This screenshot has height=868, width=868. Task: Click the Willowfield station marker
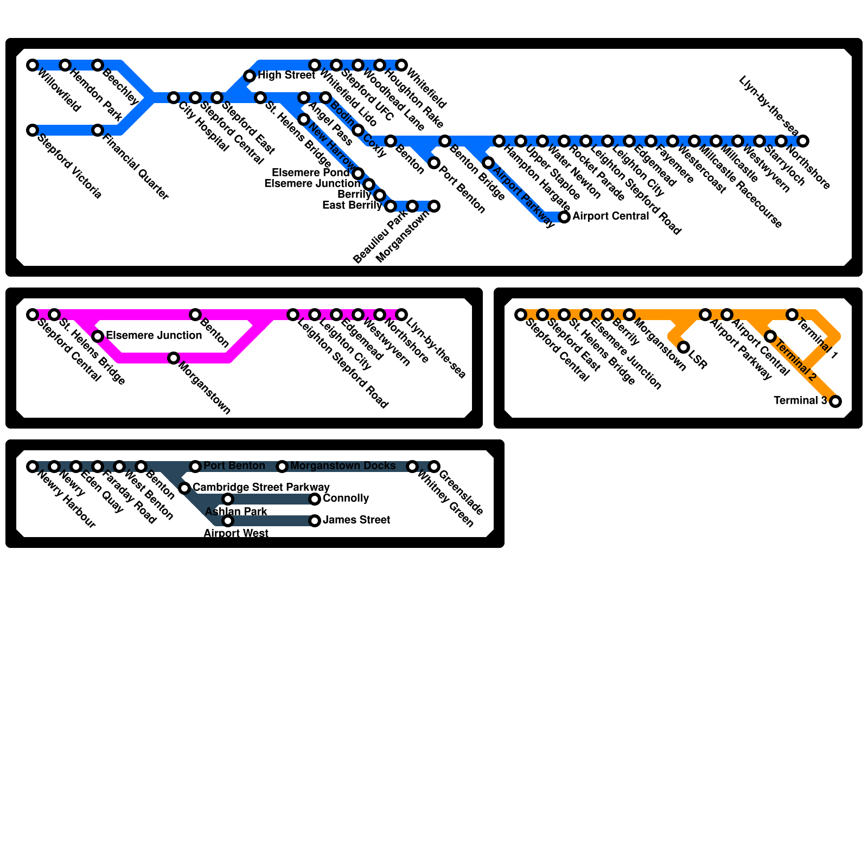point(33,65)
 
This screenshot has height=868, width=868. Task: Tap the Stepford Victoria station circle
point(33,130)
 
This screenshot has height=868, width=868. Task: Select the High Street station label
point(286,75)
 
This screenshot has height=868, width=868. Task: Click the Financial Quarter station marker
point(98,130)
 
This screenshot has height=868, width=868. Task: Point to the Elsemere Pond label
point(310,173)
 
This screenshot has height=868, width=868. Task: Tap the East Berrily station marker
point(391,206)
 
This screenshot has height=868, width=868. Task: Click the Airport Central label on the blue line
point(610,216)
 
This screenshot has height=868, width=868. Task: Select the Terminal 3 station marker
point(835,401)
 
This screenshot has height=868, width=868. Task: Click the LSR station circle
point(684,347)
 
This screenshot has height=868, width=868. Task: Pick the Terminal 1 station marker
point(792,315)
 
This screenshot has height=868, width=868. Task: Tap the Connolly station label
point(346,498)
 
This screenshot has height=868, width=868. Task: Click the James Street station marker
point(315,521)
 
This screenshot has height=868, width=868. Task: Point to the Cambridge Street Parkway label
point(261,487)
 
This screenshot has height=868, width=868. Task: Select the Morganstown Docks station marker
point(282,467)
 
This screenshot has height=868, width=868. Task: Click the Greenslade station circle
point(434,467)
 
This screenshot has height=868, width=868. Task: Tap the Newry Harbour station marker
point(33,467)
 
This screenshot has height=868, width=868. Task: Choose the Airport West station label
point(235,533)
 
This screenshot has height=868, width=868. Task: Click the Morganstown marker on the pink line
point(174,358)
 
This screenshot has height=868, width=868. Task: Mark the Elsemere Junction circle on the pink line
point(98,336)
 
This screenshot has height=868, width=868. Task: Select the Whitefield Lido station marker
point(315,65)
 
